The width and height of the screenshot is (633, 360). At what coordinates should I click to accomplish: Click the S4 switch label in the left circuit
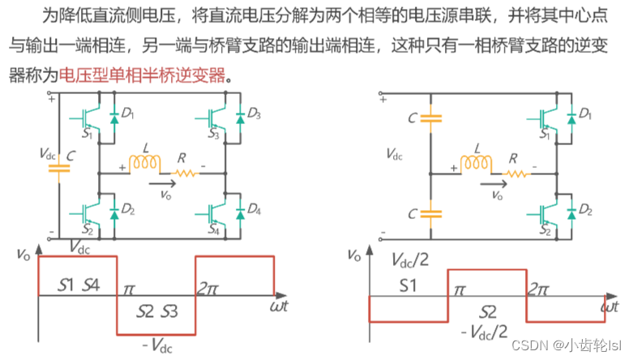pyautogui.click(x=213, y=229)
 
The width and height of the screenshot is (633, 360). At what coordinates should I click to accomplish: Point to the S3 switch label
pyautogui.click(x=213, y=134)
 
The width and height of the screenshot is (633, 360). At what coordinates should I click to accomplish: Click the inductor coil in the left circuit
pyautogui.click(x=145, y=164)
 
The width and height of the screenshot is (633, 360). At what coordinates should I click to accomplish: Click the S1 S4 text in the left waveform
pyautogui.click(x=79, y=285)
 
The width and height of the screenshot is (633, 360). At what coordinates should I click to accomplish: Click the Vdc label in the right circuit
pyautogui.click(x=393, y=153)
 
